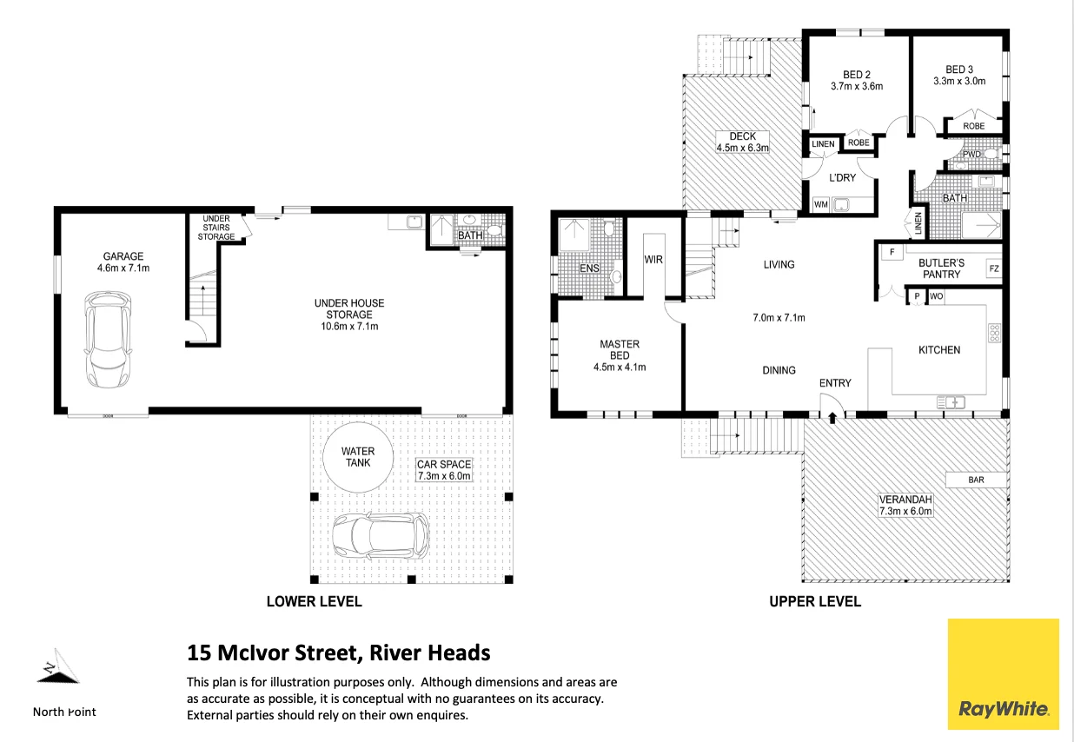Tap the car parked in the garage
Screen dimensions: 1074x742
pyautogui.click(x=108, y=340)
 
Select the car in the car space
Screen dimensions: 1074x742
pyautogui.click(x=381, y=535)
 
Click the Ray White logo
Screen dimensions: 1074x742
pyautogui.click(x=1003, y=674)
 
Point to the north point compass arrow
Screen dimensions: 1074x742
pyautogui.click(x=58, y=666)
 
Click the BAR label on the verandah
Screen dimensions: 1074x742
pyautogui.click(x=976, y=480)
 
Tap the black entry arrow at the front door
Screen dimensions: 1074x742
pyautogui.click(x=832, y=418)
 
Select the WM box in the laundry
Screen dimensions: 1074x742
pyautogui.click(x=821, y=204)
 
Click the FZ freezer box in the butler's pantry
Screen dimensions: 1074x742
pyautogui.click(x=994, y=268)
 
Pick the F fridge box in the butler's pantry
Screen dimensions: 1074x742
pyautogui.click(x=892, y=252)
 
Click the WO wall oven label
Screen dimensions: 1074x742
pyautogui.click(x=936, y=296)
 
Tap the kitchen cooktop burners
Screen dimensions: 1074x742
pyautogui.click(x=994, y=333)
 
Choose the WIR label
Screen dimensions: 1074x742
pyautogui.click(x=653, y=259)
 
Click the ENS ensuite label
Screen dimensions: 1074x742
pyautogui.click(x=589, y=268)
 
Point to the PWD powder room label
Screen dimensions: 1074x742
pyautogui.click(x=971, y=155)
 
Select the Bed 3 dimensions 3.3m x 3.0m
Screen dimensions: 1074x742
pyautogui.click(x=959, y=81)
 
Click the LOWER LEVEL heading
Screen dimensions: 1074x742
pyautogui.click(x=314, y=601)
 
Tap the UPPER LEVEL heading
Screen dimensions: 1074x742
pyautogui.click(x=815, y=601)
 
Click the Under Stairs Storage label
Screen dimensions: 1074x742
pyautogui.click(x=216, y=228)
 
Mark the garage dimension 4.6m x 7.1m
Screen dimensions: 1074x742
pyautogui.click(x=123, y=268)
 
